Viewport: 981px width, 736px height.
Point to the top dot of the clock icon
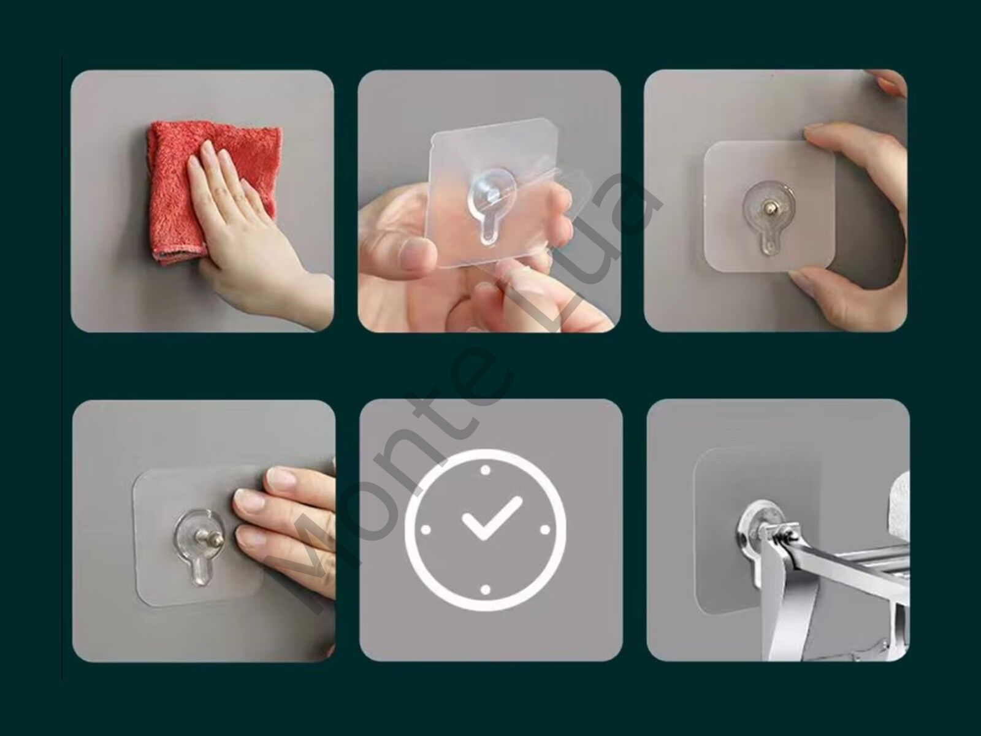[486, 470]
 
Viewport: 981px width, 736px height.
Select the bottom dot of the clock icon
[486, 590]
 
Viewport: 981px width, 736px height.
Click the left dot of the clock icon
[426, 530]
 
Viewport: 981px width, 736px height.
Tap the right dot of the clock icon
[545, 530]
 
